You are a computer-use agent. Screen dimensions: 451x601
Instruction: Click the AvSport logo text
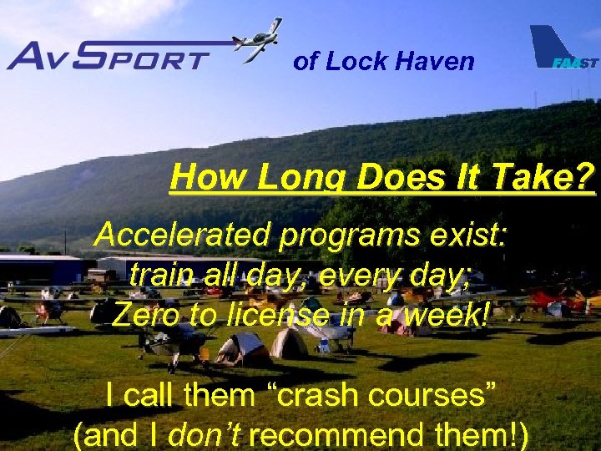tap(109, 56)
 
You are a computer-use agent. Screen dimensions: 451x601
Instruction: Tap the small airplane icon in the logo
tap(257, 40)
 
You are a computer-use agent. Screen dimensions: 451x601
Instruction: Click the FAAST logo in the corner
tap(563, 51)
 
